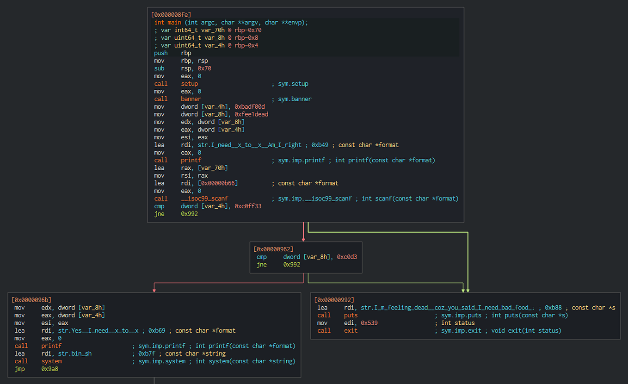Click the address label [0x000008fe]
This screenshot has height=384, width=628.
(171, 15)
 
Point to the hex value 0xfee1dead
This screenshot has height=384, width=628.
(252, 114)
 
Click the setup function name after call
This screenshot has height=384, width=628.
(189, 84)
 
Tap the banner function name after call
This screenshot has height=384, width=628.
(191, 99)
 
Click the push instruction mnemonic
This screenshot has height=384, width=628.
(160, 53)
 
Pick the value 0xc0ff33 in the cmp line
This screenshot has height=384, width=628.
(248, 206)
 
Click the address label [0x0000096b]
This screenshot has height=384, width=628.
(31, 300)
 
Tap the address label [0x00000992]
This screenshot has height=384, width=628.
(334, 300)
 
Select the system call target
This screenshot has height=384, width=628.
(51, 361)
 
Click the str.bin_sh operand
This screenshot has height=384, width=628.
(74, 353)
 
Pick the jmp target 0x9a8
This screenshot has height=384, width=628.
(49, 369)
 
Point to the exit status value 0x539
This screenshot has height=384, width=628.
(369, 323)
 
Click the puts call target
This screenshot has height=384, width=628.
(351, 315)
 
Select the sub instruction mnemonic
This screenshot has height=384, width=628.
(159, 68)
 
